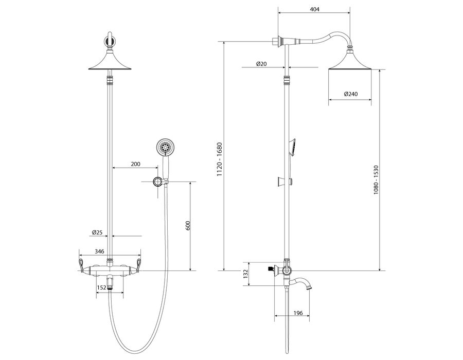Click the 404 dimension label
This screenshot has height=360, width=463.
coord(314,9)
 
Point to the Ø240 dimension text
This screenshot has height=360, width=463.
coord(351,94)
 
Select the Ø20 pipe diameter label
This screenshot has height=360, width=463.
coord(261,63)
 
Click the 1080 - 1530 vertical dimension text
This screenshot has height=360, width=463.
coord(376,179)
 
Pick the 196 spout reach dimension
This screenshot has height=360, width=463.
coord(298,313)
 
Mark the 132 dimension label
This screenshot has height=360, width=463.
coord(245,274)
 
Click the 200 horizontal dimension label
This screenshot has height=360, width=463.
coord(135,164)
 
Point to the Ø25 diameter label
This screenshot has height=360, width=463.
coord(97,232)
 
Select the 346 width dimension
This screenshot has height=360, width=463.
coord(99,251)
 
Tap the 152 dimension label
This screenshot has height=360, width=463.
coord(101,287)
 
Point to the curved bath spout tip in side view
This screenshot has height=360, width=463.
coord(309,287)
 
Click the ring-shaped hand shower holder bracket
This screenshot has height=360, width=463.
coord(157,182)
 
